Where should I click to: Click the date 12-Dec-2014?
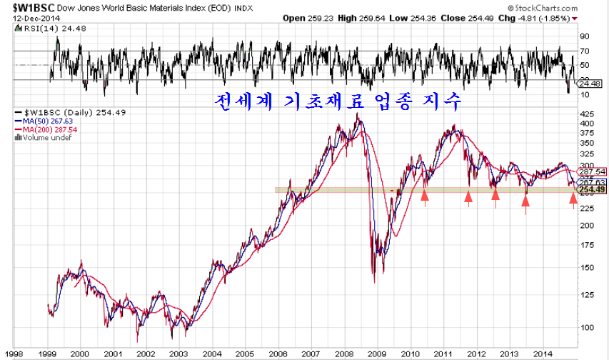pos(31,17)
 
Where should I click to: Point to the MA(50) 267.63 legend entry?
pos(51,121)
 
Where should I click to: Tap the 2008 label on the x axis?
pos(343,353)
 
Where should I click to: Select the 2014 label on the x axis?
pos(542,353)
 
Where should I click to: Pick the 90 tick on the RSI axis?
pos(584,36)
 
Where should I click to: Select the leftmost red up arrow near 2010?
pos(426,196)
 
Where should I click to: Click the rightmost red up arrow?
pos(573,199)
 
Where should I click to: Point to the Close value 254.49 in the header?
pos(490,17)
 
